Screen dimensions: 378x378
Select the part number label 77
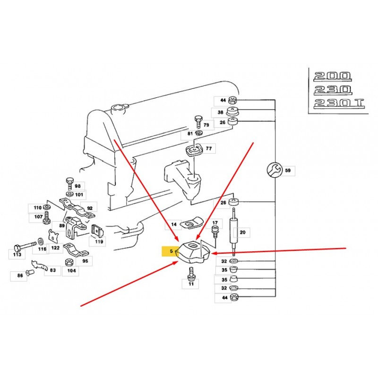point(208,148)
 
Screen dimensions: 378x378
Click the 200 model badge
point(333,76)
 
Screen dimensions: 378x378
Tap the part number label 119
point(98,241)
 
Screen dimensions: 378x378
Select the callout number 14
point(174,224)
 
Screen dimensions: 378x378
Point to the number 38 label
point(221,113)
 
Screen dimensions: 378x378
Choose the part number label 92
point(89,207)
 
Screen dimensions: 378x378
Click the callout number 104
point(71,271)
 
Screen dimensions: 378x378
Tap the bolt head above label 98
point(69,180)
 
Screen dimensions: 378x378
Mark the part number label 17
point(215,223)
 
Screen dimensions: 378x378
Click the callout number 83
point(52,270)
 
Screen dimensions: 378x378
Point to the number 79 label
point(206,125)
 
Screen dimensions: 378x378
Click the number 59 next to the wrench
point(287,170)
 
